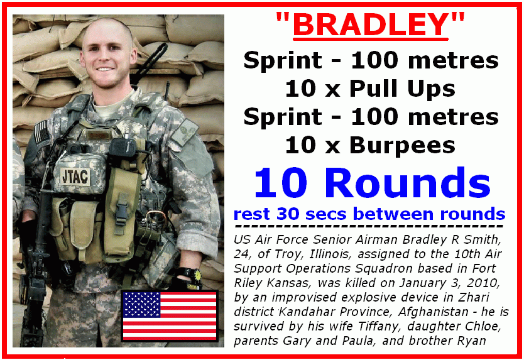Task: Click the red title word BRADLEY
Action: [x=370, y=25]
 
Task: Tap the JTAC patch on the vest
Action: [x=75, y=176]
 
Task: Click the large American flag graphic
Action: [x=170, y=316]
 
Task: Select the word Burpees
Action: [x=402, y=145]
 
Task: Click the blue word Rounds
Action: [x=411, y=183]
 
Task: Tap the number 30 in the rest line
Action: [x=288, y=214]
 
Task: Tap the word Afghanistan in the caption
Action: [x=433, y=312]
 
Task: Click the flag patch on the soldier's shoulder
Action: [x=41, y=133]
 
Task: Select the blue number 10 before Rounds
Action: [x=280, y=183]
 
